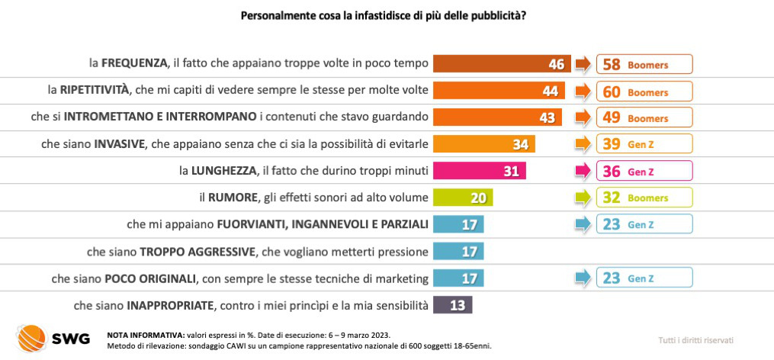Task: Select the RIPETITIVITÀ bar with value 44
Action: (499, 91)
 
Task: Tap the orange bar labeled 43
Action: (498, 117)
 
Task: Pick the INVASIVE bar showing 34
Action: (484, 144)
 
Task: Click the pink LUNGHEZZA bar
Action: (480, 171)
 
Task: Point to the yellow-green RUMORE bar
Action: (463, 198)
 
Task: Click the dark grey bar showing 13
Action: (452, 304)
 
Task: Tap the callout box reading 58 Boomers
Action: (644, 65)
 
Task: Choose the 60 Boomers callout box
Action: (644, 92)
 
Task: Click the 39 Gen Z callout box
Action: (644, 144)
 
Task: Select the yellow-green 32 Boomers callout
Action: (644, 198)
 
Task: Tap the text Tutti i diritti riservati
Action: (695, 340)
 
